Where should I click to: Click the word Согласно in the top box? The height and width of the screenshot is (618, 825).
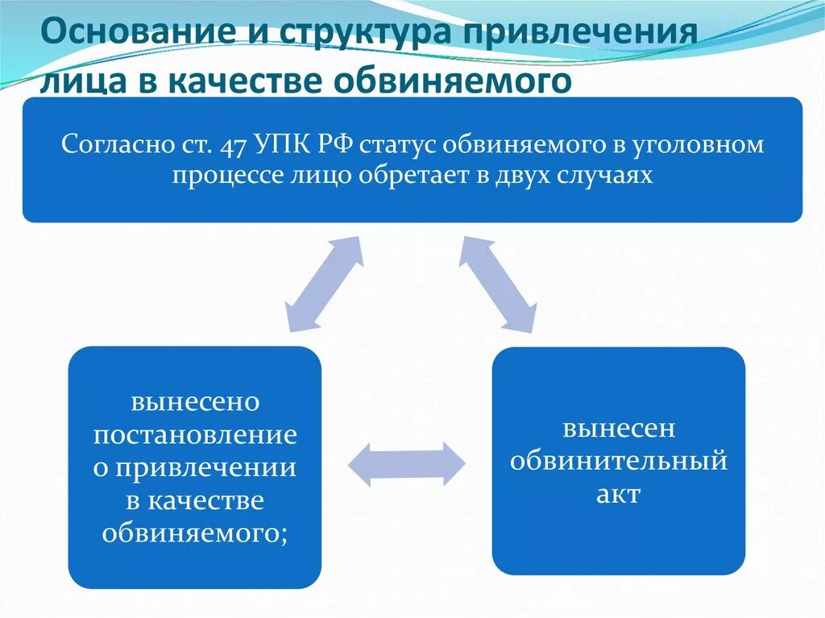[114, 147]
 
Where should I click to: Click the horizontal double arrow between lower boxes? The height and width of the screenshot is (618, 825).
[406, 464]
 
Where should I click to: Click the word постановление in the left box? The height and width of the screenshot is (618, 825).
[195, 436]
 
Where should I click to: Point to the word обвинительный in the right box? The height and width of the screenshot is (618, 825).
[619, 462]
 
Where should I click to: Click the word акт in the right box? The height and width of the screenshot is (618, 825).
[619, 494]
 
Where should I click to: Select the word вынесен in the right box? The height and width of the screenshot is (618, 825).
[619, 429]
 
